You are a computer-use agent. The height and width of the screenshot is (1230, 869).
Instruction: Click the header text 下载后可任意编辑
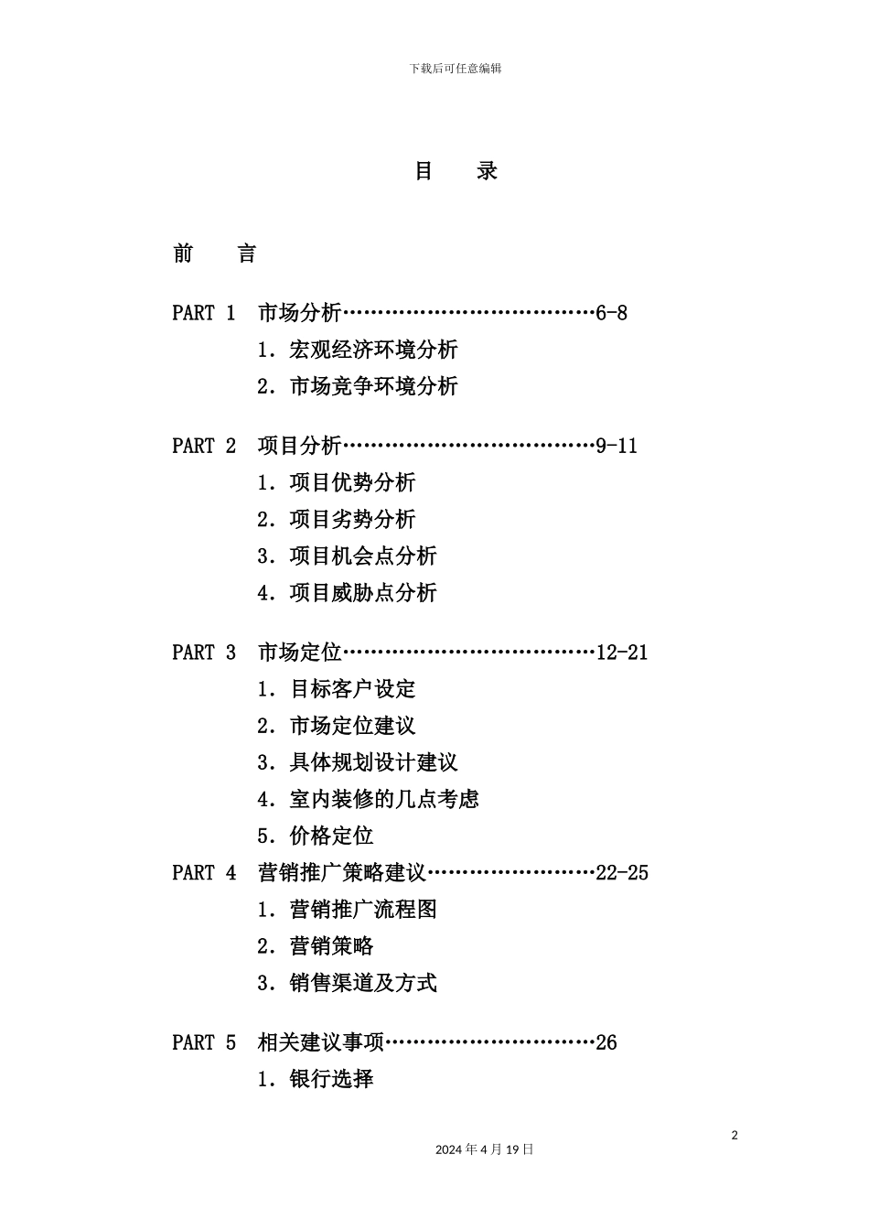coord(455,69)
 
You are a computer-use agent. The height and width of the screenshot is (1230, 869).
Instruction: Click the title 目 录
coord(456,171)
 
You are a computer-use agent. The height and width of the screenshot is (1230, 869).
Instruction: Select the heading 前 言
coord(214,254)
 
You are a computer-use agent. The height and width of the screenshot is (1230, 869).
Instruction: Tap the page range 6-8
coord(611,313)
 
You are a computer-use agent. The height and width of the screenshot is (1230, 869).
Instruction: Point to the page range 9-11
coord(617,446)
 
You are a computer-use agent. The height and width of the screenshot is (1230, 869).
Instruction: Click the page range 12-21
coord(621,653)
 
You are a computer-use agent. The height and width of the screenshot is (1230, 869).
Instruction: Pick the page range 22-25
coord(621,872)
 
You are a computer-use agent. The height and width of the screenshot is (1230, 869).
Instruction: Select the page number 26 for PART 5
coord(606,1042)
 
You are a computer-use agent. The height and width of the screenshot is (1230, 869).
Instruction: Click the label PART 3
coord(204,653)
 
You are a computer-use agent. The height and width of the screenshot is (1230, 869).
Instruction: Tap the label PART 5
coord(204,1042)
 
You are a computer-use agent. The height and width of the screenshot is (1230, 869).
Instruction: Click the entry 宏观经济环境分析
coord(373,350)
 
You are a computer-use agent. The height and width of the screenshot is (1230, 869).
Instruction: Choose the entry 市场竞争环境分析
coord(373,386)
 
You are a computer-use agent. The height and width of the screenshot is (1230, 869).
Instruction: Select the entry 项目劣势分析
coord(352,519)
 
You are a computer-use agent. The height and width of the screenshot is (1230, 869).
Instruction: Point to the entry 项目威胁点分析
coord(363,592)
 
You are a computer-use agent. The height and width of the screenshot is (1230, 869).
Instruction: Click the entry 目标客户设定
coord(352,689)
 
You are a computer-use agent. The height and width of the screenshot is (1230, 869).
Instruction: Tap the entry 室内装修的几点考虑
coord(384,799)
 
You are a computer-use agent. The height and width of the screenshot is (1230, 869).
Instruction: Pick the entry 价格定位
coord(331,836)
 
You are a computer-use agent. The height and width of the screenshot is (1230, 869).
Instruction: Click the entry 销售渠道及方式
coord(363,983)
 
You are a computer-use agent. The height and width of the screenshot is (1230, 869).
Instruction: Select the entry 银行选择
coord(331,1079)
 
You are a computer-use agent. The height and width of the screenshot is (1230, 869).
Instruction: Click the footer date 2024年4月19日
coord(484,1149)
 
